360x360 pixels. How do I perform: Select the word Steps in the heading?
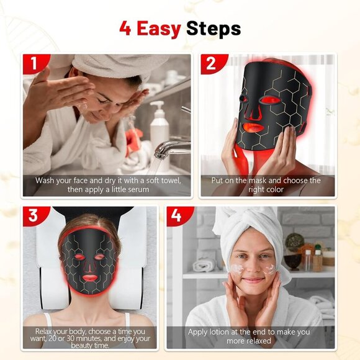point(214,29)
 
